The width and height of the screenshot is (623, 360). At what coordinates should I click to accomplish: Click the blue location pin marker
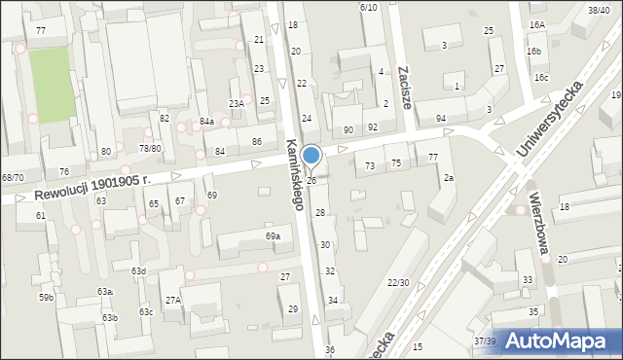[x=311, y=156]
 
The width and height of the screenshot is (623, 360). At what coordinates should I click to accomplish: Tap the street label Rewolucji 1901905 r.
[x=92, y=188]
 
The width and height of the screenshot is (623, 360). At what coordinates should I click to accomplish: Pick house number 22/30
[x=398, y=282]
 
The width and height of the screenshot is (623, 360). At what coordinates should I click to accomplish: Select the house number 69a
[x=274, y=236]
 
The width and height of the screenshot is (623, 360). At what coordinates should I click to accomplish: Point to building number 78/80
[x=150, y=148]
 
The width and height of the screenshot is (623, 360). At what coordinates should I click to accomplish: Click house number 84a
[x=206, y=121]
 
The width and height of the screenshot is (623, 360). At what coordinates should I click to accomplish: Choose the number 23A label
[x=237, y=103]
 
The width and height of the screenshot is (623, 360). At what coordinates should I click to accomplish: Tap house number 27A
[x=173, y=301]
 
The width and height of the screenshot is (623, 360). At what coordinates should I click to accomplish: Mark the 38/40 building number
[x=599, y=9]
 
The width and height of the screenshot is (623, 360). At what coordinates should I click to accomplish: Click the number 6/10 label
[x=368, y=7]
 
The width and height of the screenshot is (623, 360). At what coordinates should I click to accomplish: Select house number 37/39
[x=484, y=342]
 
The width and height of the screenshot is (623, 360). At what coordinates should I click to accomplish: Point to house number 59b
[x=46, y=297]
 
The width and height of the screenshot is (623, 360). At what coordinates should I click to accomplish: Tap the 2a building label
[x=449, y=178]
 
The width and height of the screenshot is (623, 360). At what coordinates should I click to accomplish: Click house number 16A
[x=537, y=24]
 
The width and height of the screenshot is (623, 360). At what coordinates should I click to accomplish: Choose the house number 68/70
[x=13, y=177]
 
